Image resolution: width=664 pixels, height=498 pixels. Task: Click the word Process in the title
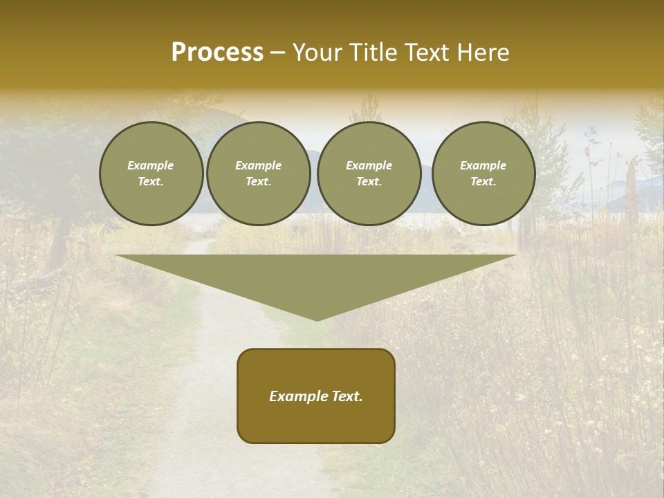pos(217,53)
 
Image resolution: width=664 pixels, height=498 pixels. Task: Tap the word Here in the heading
pos(482,53)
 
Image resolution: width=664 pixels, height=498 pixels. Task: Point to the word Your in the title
pos(317,53)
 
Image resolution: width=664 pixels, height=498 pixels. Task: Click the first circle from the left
pos(151,174)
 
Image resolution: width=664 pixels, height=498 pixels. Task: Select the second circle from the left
pos(258,174)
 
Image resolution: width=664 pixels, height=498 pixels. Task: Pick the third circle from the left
pos(369,174)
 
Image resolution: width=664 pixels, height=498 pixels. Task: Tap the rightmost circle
pos(483,174)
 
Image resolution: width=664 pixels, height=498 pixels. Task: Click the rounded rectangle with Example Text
pos(316,396)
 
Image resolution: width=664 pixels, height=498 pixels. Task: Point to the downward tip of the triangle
pos(317,320)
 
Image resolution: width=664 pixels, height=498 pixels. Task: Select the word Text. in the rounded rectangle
pos(348,396)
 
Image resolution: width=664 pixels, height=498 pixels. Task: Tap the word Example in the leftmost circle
pos(151,165)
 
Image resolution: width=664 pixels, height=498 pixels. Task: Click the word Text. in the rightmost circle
pos(483,182)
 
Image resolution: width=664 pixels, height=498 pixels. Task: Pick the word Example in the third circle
pos(369,165)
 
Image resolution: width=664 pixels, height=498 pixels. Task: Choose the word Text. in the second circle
pos(258,182)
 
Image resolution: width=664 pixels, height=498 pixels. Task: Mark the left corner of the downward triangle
pos(116,255)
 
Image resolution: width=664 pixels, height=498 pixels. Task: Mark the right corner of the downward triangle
pos(516,255)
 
